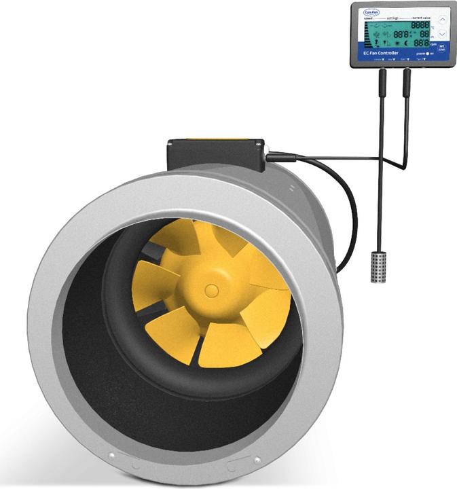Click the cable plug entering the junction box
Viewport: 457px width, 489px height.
(274, 157)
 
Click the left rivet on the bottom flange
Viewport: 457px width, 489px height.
(112, 456)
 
